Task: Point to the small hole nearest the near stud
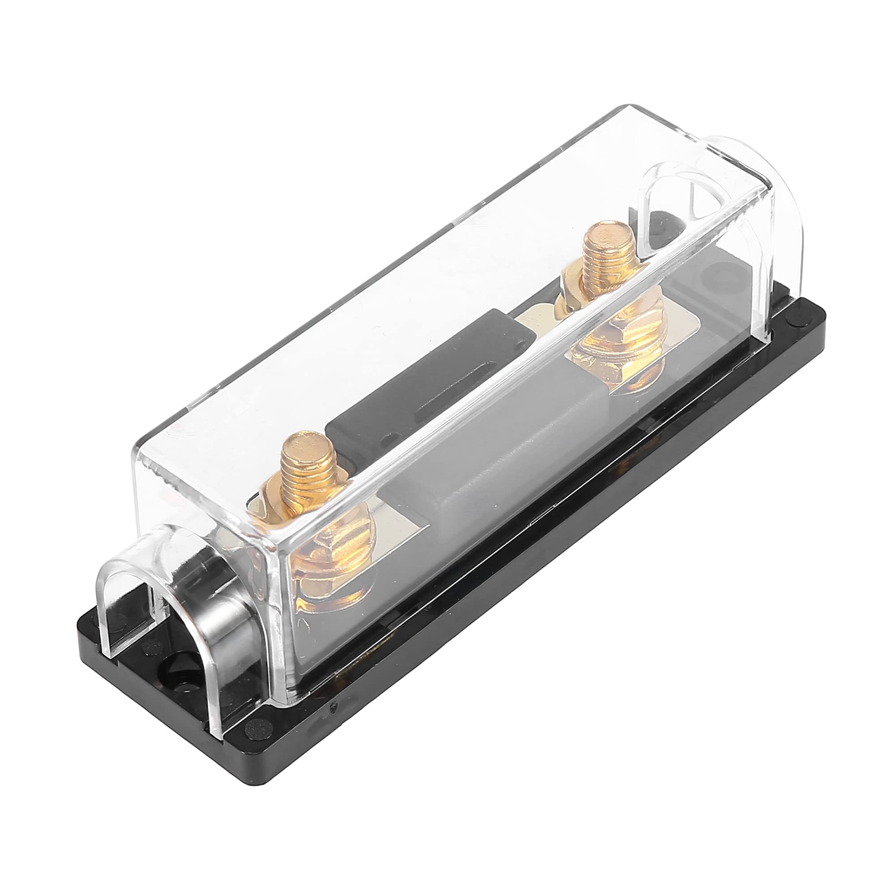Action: (x=393, y=437)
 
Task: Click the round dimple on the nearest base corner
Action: (x=253, y=725)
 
